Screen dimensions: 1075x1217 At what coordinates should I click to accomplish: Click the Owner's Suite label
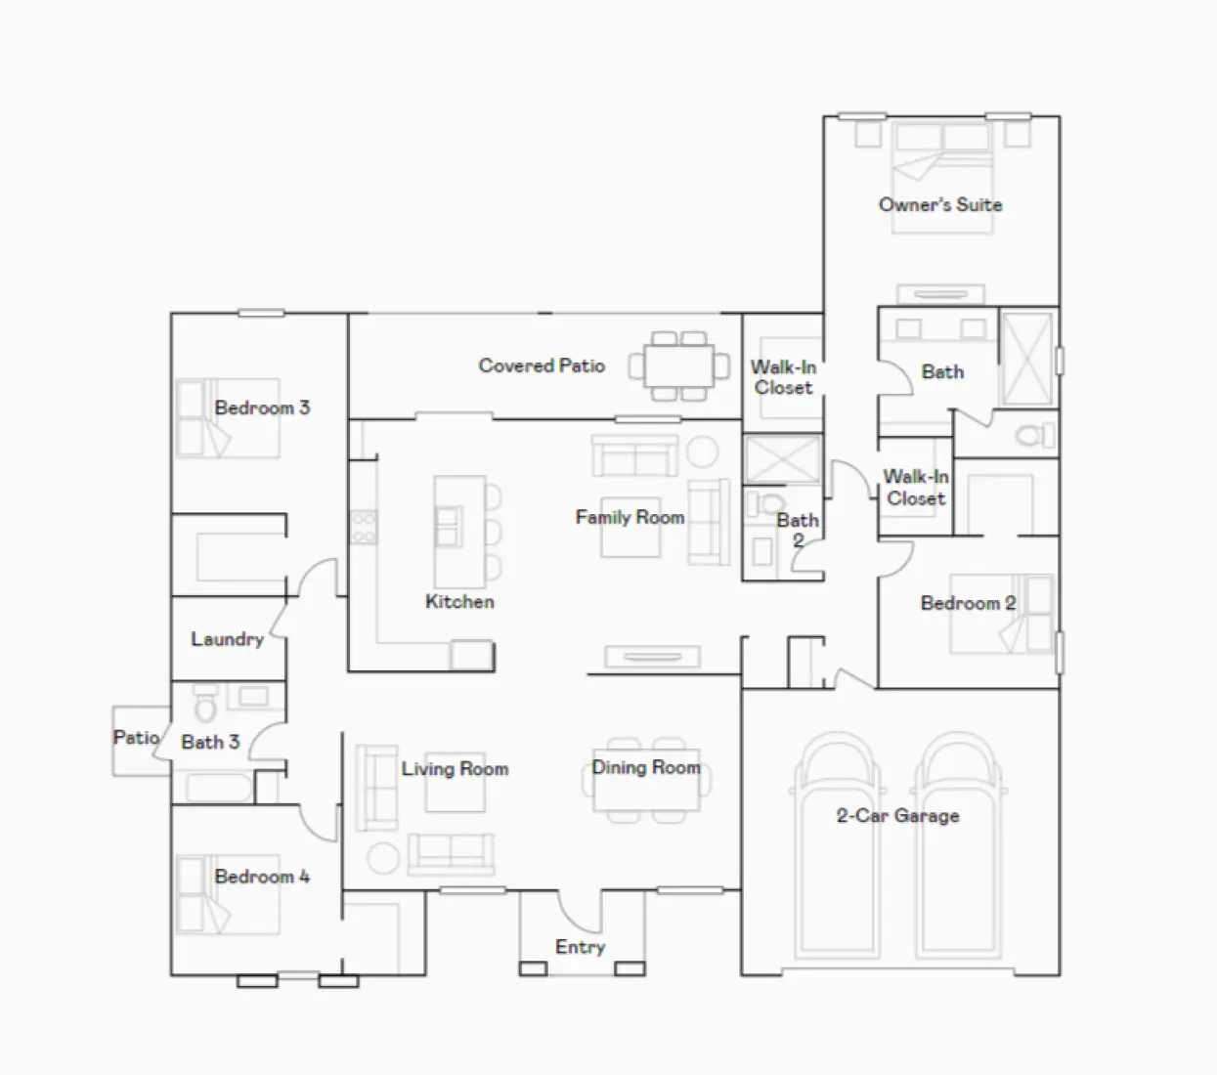[x=939, y=204]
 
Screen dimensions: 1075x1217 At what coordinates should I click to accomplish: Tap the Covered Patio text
[x=542, y=365]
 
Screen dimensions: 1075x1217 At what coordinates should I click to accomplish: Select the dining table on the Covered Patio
[x=679, y=366]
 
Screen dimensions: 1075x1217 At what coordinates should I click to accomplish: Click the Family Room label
[x=630, y=517]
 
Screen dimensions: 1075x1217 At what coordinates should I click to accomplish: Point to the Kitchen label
[x=459, y=602]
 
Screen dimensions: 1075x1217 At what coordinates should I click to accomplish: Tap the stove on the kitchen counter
[x=364, y=527]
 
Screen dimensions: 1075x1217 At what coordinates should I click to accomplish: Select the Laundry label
[x=227, y=639]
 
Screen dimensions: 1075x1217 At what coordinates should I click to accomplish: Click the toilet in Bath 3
[x=205, y=706]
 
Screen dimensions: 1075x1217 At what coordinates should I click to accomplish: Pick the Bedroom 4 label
[x=262, y=877]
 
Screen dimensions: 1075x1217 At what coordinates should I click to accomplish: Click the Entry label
[x=580, y=947]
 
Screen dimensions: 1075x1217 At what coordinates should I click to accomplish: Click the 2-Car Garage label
[x=897, y=815]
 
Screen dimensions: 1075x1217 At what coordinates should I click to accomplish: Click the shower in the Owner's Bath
[x=1026, y=359]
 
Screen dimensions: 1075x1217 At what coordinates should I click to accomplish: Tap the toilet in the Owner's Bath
[x=1034, y=435]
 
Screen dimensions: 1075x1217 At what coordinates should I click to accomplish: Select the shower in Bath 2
[x=781, y=460]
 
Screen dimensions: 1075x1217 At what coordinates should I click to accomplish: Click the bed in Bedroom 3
[x=227, y=419]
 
